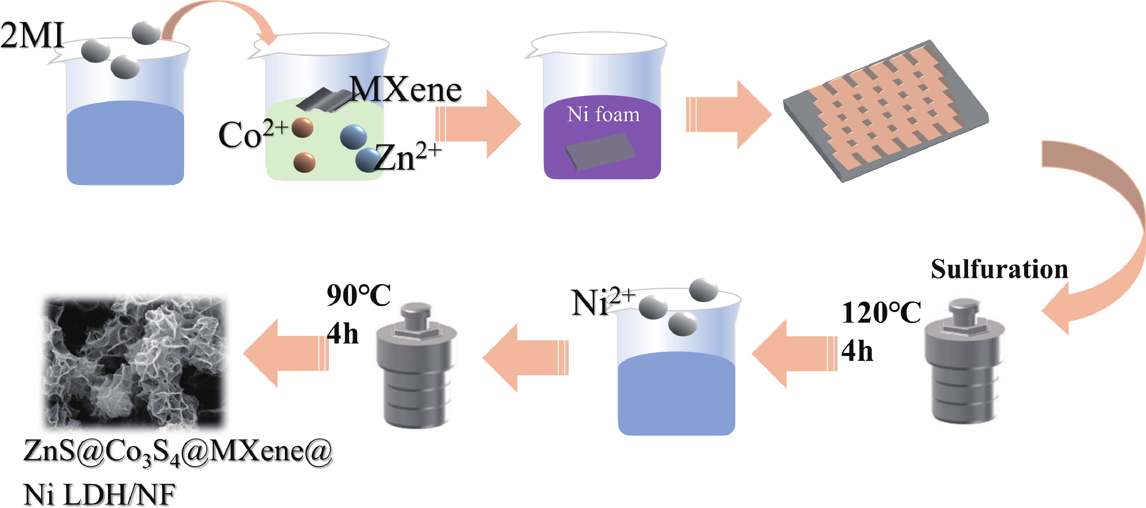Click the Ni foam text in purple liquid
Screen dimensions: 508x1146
[603, 114]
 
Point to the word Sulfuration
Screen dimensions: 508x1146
[999, 269]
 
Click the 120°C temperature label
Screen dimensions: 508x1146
[881, 312]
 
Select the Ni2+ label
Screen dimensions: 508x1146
[603, 303]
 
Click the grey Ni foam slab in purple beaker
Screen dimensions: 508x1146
[601, 151]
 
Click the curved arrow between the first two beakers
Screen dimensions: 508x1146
[218, 18]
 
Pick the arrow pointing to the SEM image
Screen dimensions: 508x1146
[285, 353]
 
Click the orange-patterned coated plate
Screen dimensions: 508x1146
[885, 109]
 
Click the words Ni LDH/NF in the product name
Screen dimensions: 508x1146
[99, 494]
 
